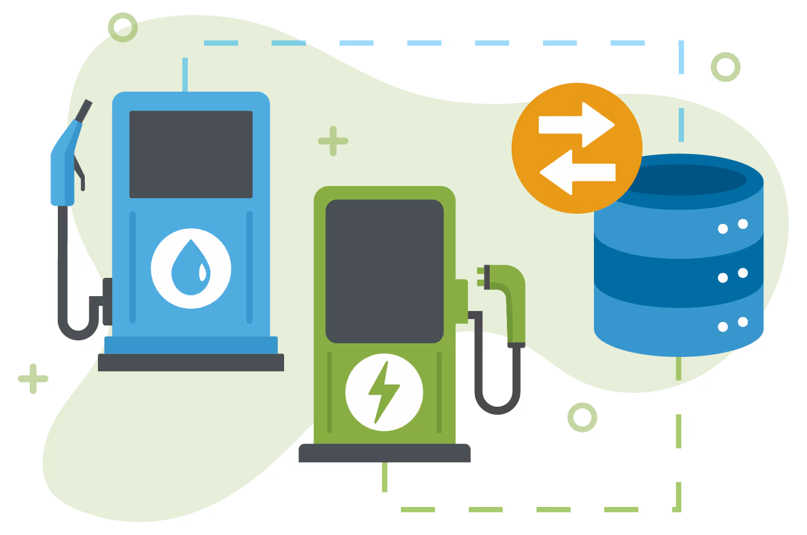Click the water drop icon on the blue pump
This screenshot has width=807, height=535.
[x=191, y=267]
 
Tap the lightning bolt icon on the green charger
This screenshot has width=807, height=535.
[x=384, y=392]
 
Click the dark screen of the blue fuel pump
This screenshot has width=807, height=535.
[x=191, y=154]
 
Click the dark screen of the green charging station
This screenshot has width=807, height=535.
[x=384, y=271]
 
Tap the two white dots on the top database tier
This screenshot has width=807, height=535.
[x=733, y=226]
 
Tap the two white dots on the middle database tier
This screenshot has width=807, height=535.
[x=733, y=276]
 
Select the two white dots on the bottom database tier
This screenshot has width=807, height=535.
[x=733, y=324]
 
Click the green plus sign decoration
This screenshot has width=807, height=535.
[x=33, y=379]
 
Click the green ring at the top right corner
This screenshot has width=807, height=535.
[x=725, y=67]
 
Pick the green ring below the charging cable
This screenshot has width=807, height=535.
[x=582, y=417]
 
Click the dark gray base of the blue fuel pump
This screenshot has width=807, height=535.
[x=191, y=363]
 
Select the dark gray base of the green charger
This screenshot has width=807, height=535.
[x=384, y=453]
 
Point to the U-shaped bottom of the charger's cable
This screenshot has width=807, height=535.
[x=497, y=404]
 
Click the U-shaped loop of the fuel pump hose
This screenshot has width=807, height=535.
[x=78, y=329]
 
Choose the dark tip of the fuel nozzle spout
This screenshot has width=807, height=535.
[x=84, y=111]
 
